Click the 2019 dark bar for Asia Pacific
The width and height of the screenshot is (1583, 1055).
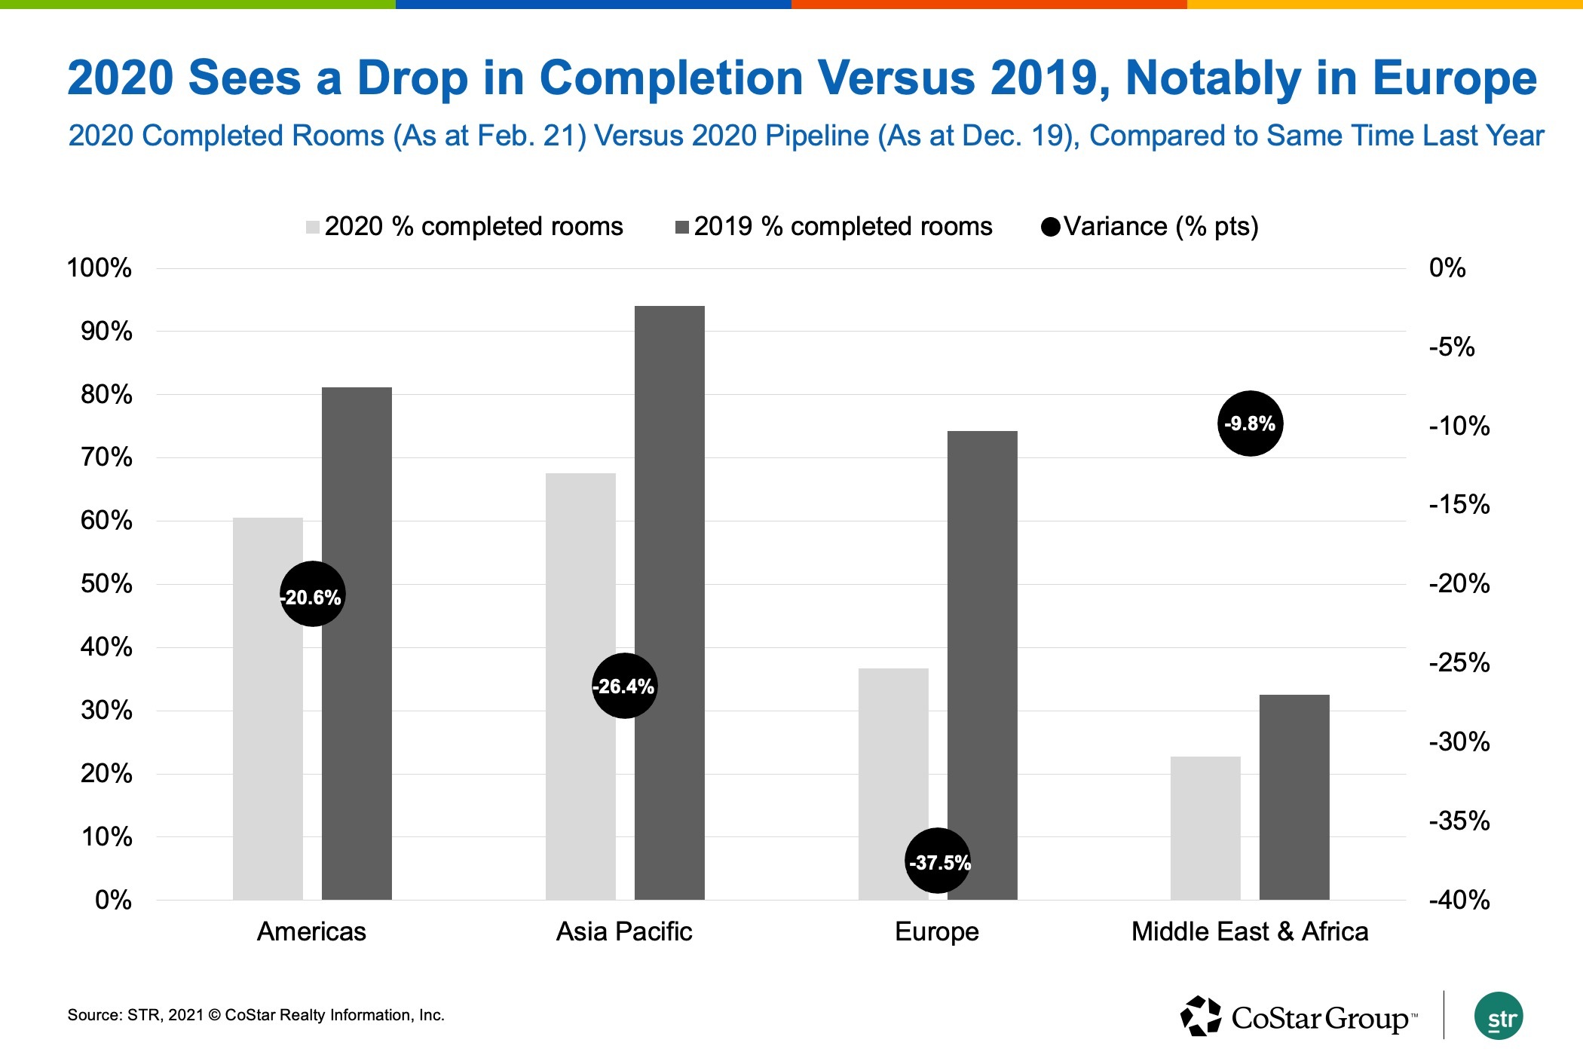pos(669,603)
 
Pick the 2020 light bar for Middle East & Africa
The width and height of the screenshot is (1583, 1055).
pos(1205,828)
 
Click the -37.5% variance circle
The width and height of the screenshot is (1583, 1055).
pos(938,861)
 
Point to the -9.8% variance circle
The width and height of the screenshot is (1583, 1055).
pos(1250,424)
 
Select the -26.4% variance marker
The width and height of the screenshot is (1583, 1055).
pos(624,686)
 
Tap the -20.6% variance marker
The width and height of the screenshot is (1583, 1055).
pos(312,595)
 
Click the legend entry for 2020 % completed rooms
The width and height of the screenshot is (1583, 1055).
pos(464,227)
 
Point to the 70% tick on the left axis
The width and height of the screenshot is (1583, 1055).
pos(106,457)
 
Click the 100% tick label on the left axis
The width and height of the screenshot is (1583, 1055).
pos(99,268)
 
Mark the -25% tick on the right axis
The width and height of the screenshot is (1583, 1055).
pos(1459,663)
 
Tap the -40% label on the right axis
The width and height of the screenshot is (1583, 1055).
pos(1459,900)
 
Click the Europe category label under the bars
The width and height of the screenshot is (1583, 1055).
pos(936,932)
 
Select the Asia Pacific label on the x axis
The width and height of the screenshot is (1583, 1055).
pos(624,932)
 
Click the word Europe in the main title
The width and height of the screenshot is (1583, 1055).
pos(1454,78)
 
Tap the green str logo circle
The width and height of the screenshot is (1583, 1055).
pos(1499,1017)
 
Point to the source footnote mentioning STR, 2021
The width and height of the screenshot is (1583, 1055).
pos(256,1015)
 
